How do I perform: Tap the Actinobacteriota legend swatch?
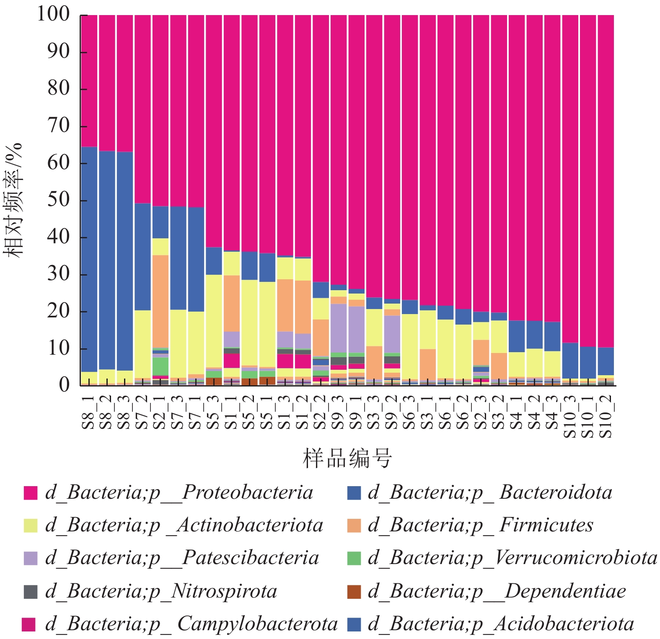(x=31, y=526)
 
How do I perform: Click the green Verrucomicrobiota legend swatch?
(x=354, y=558)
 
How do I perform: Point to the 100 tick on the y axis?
(x=54, y=15)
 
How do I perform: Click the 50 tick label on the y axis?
(x=59, y=200)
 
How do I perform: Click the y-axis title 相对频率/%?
(x=13, y=200)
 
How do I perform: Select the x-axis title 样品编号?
(x=347, y=458)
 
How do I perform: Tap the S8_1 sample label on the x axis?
(x=89, y=412)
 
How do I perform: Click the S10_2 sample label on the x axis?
(x=606, y=416)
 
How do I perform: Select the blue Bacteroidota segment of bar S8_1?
(x=89, y=260)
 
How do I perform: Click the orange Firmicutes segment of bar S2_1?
(x=160, y=301)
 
